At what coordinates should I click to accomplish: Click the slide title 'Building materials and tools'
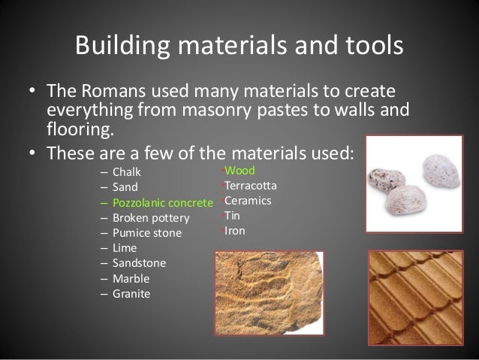239,46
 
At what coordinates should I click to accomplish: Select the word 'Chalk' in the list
127,171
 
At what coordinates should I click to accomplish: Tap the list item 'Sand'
125,187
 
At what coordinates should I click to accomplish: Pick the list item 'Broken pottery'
150,218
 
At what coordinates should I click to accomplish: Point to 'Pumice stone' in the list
146,233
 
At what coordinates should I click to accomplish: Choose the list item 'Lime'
125,248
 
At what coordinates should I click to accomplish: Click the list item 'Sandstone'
139,263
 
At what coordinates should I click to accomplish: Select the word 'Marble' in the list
130,278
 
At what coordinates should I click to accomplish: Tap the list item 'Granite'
131,293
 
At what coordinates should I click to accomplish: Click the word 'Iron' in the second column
235,231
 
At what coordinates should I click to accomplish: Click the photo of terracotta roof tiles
420,299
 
